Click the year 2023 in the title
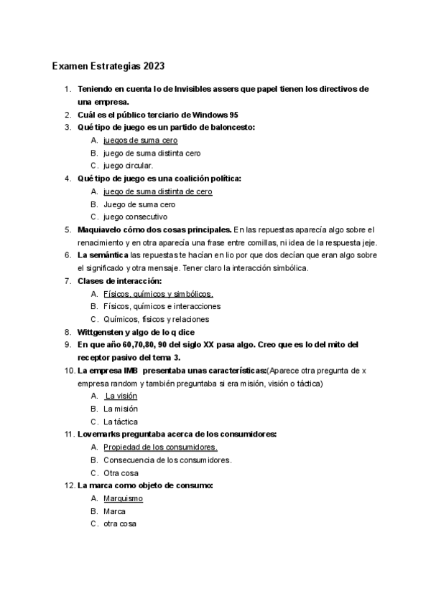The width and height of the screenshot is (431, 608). coord(154,67)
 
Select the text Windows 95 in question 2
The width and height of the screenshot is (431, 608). coord(217,115)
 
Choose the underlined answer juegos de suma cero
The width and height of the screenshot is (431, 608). coord(140,141)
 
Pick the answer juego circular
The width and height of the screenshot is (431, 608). coord(129,166)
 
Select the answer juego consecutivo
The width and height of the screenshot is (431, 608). coord(135,217)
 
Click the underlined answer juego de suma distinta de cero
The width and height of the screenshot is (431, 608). coord(158,191)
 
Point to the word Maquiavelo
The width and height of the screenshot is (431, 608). coord(101,229)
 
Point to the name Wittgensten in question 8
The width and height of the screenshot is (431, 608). coord(101,332)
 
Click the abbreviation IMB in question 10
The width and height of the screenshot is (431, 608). coord(131,371)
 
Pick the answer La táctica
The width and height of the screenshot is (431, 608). coord(121,422)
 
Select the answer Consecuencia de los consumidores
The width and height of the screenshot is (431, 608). coord(167,460)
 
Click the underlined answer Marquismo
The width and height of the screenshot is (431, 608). coord(123,498)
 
